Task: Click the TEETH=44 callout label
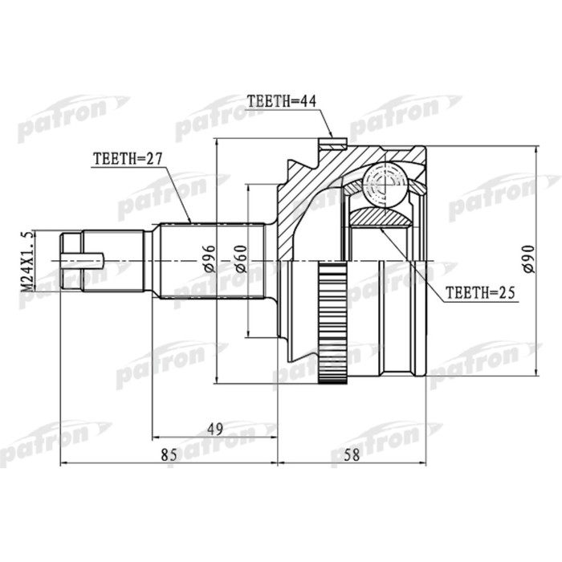pyautogui.click(x=282, y=101)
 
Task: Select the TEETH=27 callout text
pyautogui.click(x=128, y=158)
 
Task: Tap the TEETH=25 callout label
pyautogui.click(x=480, y=293)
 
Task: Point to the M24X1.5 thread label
pyautogui.click(x=28, y=261)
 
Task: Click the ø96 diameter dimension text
pyautogui.click(x=209, y=259)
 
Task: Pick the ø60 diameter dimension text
pyautogui.click(x=240, y=259)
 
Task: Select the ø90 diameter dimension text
pyautogui.click(x=528, y=259)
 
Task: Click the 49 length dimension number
pyautogui.click(x=215, y=429)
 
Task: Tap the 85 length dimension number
pyautogui.click(x=169, y=455)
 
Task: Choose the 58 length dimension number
pyautogui.click(x=352, y=455)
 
